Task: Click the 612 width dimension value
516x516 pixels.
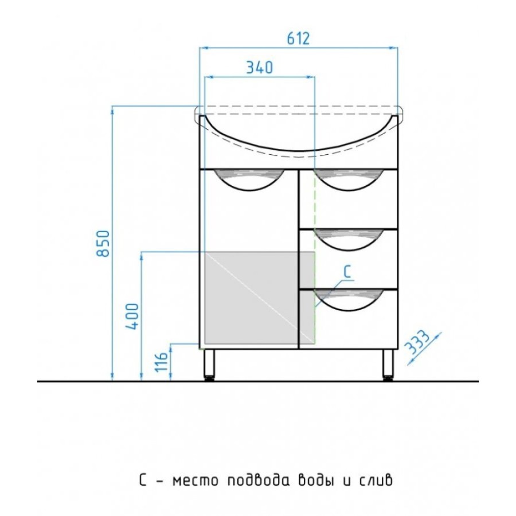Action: click(299, 38)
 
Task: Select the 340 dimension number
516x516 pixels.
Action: click(260, 68)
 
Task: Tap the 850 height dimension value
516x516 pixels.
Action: click(103, 244)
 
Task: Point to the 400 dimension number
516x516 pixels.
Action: click(132, 316)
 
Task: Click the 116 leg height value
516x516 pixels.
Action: click(162, 362)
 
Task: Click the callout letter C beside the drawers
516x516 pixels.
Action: click(347, 272)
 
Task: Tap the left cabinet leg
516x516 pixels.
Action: click(209, 365)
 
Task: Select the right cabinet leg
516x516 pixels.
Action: click(388, 365)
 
